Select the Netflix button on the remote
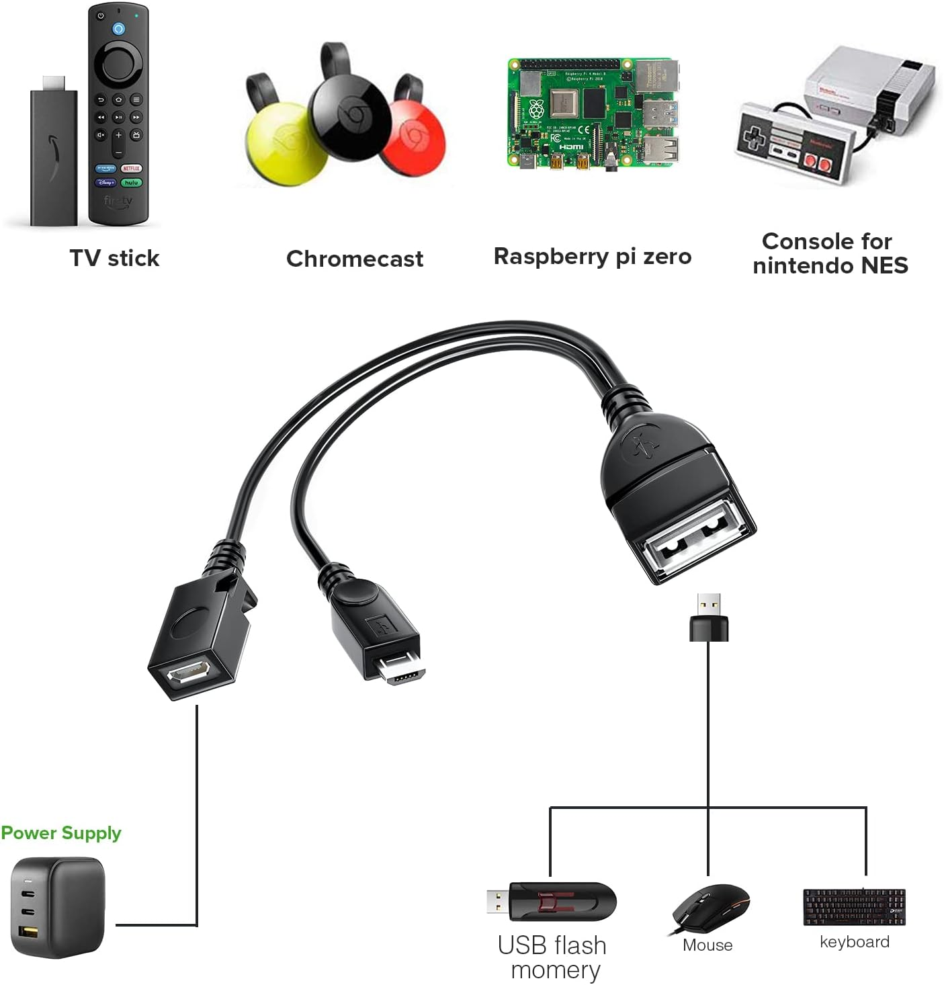(x=131, y=168)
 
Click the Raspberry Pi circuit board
(x=591, y=113)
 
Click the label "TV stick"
(x=114, y=258)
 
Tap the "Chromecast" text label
(x=354, y=259)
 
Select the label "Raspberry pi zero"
(x=592, y=257)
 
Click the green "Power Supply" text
(x=61, y=833)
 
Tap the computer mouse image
(x=710, y=907)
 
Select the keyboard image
(x=854, y=907)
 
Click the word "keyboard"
(x=854, y=942)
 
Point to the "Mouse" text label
(x=707, y=945)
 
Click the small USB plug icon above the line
(x=709, y=617)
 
